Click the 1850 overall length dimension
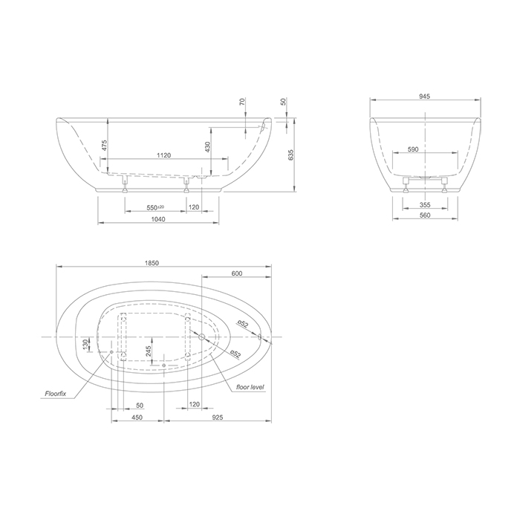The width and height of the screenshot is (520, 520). pos(152,263)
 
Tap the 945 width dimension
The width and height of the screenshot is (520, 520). pos(424,97)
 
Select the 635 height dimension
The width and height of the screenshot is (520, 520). pos(291,155)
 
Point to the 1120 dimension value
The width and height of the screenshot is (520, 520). pos(163,155)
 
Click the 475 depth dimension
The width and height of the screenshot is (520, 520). pos(104,146)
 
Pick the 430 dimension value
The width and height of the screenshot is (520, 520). pos(207,147)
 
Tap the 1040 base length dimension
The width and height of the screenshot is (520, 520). pos(157,219)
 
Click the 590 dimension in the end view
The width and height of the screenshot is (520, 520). pos(413,149)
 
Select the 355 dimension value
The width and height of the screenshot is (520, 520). pos(425,205)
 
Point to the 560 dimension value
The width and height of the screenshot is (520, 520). pos(425,215)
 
